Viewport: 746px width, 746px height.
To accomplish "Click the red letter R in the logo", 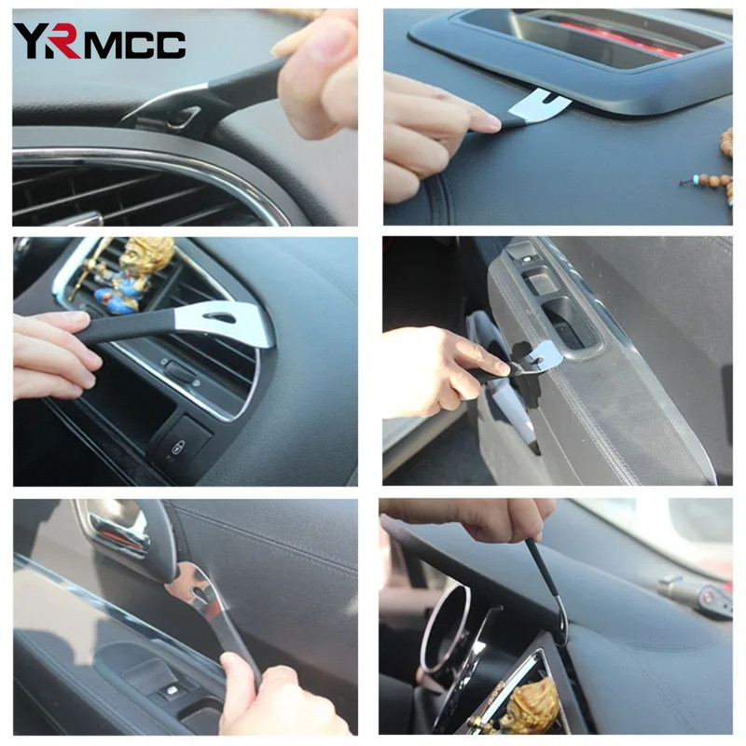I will (64, 42).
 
